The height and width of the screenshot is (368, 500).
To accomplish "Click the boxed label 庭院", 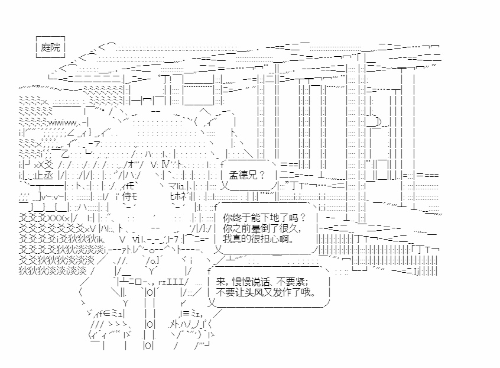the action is coord(50,47).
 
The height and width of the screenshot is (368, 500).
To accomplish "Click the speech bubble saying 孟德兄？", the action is coord(248,175).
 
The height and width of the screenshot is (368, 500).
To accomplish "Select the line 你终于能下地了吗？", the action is coord(264,218).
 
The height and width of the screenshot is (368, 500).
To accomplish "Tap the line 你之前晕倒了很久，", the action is coord(262,228).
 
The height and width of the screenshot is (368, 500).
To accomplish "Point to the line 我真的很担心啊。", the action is coord(258,238).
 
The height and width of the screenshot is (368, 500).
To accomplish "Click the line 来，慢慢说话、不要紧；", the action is coord(262,282).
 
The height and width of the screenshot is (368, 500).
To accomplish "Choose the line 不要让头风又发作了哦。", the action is coord(265,292).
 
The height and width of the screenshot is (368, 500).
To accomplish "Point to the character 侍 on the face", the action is coord(127,196).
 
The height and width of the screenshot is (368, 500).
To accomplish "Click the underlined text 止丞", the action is coord(43,175).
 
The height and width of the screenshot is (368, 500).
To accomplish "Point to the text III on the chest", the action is coord(177,282).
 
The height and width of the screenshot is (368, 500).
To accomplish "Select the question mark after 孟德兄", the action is coord(262,175).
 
